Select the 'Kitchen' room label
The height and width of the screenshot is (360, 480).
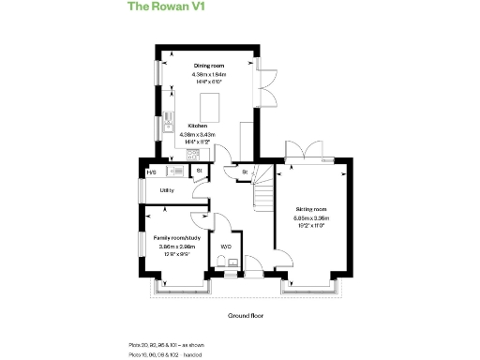click(x=197, y=126)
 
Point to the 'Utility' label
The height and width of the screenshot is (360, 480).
click(x=166, y=190)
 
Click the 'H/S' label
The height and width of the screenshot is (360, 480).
click(x=152, y=172)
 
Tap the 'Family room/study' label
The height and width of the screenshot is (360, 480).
click(x=175, y=237)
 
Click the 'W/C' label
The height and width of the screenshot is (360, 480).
click(x=226, y=247)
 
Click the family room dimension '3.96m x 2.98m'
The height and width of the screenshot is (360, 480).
click(x=175, y=246)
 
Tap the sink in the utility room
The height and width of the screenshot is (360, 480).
click(x=175, y=172)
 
